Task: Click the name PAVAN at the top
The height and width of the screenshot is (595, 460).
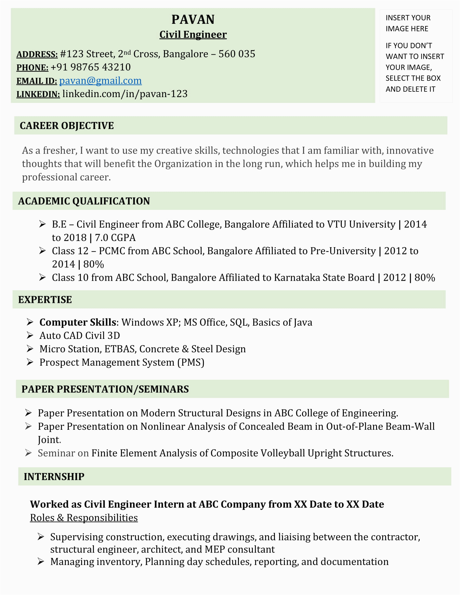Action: click(193, 20)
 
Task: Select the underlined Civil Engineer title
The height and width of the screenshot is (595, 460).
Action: click(193, 35)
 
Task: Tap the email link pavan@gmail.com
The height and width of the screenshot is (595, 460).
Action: click(100, 81)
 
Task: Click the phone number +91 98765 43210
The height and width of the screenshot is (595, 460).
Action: click(90, 67)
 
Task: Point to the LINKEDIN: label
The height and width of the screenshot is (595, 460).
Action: click(38, 94)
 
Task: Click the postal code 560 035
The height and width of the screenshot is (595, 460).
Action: click(237, 54)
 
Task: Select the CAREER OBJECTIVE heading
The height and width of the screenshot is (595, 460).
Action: click(67, 125)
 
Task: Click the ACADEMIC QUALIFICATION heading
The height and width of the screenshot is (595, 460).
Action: click(84, 201)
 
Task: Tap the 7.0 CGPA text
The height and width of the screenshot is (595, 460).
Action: click(115, 237)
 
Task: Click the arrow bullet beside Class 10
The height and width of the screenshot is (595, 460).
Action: click(42, 277)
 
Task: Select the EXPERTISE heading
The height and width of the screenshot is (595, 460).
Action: click(45, 300)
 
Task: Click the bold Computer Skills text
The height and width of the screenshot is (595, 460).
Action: click(78, 322)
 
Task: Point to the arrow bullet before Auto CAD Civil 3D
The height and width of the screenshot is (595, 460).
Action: click(30, 335)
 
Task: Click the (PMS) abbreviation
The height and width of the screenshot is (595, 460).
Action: click(191, 362)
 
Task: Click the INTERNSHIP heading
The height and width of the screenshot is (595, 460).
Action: click(54, 477)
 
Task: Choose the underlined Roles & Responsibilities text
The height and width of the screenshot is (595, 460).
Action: click(84, 518)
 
